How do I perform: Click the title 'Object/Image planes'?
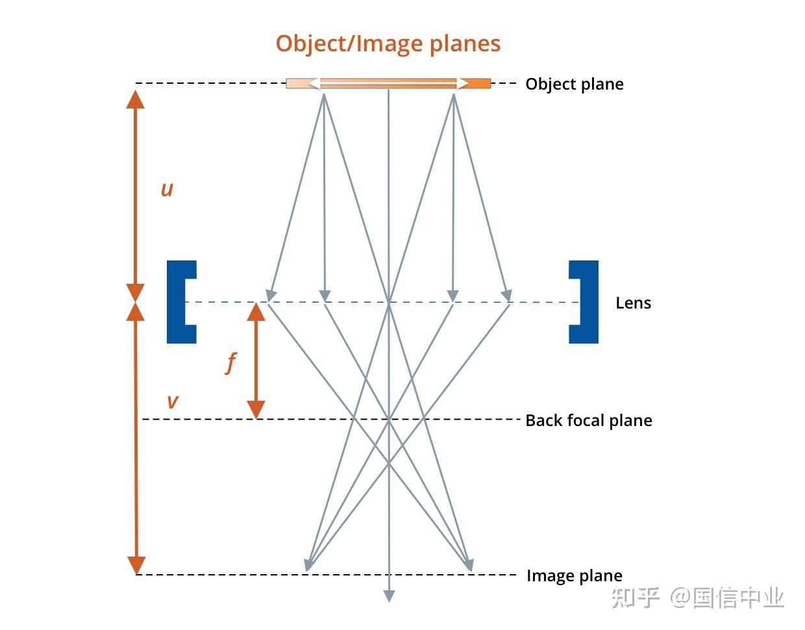388,44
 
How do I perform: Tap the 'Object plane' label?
574,84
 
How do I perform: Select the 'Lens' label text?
633,303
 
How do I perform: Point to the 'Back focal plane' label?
588,420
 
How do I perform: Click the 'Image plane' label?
574,575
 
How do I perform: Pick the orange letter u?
167,189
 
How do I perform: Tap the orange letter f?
230,362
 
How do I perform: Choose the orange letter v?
172,401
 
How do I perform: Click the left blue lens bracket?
180,302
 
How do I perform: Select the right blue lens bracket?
584,302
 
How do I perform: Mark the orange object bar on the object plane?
388,83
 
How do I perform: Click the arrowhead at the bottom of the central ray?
389,596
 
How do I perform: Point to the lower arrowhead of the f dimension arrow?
256,410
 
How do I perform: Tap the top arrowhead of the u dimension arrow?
135,99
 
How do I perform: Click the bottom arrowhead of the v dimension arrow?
136,565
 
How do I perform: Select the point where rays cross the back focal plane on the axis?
389,419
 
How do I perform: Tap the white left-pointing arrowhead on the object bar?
313,83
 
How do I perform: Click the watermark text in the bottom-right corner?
698,598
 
